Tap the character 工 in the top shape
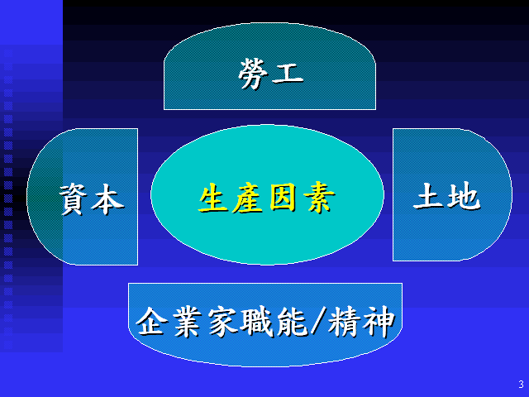tap(288, 74)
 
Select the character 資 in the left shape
tap(74, 199)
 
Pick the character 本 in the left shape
tap(108, 199)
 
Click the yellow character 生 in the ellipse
tap(213, 198)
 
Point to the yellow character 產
tap(248, 198)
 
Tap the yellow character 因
tap(284, 198)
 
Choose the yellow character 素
tap(319, 198)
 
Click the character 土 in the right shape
tap(428, 195)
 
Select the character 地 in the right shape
tap(464, 195)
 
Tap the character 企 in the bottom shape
tap(152, 321)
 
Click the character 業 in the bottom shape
tap(188, 322)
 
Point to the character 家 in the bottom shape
tap(223, 322)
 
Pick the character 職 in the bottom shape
tap(258, 322)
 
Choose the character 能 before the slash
tap(292, 322)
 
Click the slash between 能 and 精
tap(318, 321)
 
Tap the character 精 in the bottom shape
tap(344, 322)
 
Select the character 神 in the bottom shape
tap(379, 322)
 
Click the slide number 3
tap(522, 384)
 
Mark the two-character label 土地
tap(446, 195)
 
